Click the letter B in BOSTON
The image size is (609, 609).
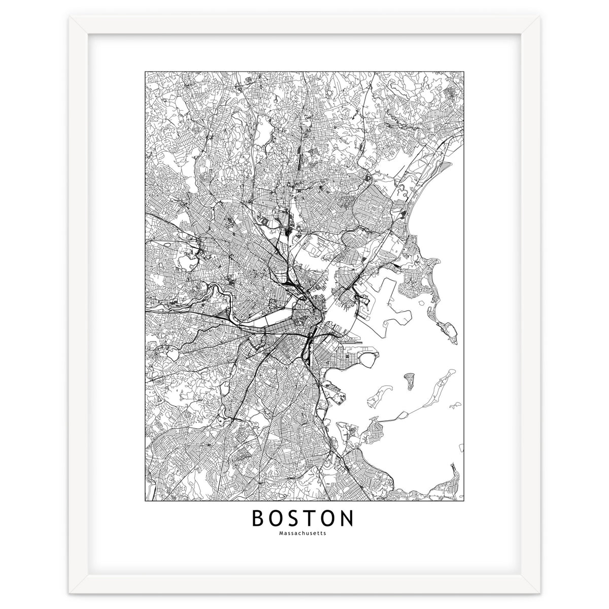(258, 519)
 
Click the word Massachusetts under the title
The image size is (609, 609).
(304, 533)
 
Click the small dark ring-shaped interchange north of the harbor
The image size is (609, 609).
(367, 177)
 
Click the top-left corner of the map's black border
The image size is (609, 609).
(145, 72)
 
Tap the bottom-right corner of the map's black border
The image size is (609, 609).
(464, 500)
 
